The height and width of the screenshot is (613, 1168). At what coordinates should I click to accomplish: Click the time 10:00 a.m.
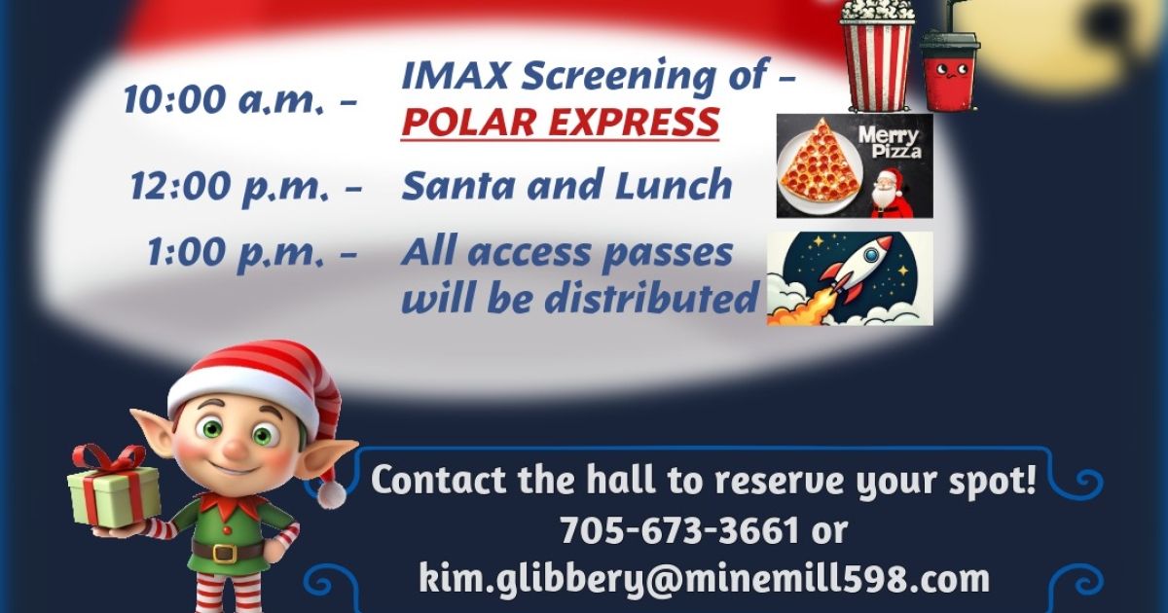click(x=222, y=99)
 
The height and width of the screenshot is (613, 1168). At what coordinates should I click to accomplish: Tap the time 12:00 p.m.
click(x=230, y=185)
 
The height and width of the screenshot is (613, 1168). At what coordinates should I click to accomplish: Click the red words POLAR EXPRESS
click(x=561, y=122)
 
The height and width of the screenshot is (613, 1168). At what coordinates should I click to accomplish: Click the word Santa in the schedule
click(x=458, y=185)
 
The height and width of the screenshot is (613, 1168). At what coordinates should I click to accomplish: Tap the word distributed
click(x=651, y=297)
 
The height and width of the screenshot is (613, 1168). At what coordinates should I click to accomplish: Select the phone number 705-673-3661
click(x=680, y=530)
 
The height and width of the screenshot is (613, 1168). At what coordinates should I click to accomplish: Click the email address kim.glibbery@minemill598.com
click(x=704, y=579)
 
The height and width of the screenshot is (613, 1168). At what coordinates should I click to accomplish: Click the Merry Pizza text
click(x=890, y=142)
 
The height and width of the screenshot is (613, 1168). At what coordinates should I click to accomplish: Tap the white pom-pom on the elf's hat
click(x=332, y=493)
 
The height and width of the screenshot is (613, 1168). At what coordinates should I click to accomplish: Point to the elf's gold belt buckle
click(x=225, y=553)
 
